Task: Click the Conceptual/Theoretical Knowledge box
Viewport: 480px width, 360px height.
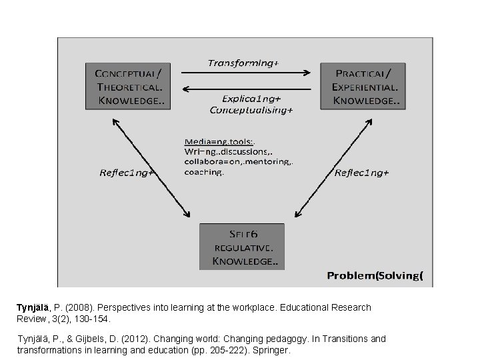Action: [127, 85]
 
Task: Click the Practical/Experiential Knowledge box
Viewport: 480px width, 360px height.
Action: [361, 85]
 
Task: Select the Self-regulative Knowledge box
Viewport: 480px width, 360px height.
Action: [242, 247]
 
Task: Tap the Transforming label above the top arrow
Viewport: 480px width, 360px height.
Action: [243, 63]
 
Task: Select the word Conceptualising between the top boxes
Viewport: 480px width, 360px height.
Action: [251, 110]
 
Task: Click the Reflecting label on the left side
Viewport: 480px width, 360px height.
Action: [127, 173]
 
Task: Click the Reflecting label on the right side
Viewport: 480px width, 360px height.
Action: [362, 173]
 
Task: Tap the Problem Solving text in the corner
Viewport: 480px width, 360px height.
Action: [375, 275]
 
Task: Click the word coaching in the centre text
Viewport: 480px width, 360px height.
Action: [204, 171]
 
